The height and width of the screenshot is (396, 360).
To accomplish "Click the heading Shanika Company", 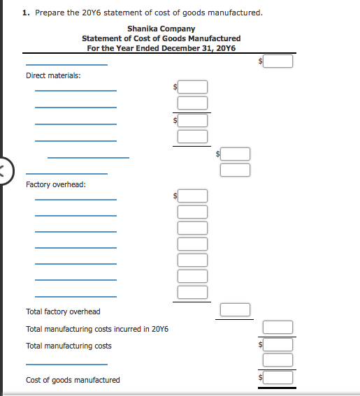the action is coord(161,29).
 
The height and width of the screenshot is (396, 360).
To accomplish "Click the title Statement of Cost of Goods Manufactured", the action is coord(161,38).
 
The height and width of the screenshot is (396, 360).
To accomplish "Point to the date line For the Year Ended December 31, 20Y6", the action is coord(161,48).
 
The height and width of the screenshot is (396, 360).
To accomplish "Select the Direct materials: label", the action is coord(53,75).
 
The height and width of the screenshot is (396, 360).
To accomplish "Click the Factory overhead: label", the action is coord(56,184).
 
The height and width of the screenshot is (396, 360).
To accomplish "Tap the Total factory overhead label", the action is coord(63,311).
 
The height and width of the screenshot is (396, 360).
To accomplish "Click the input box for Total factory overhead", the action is coord(235,309).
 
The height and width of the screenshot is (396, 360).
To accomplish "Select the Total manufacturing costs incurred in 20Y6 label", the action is coord(97,329).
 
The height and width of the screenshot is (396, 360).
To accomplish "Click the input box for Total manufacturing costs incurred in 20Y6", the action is coord(278,327).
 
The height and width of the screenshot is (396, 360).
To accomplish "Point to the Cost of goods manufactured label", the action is coord(73,380).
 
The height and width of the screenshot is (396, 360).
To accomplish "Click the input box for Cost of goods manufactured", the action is coord(278,378).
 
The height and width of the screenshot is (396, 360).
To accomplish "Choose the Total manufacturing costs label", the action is coord(69,346).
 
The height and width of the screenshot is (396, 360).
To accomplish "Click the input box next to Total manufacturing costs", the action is coord(278,345).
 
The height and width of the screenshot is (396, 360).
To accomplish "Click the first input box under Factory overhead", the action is coord(192,196).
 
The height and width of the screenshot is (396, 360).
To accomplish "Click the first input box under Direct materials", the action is coord(192,87).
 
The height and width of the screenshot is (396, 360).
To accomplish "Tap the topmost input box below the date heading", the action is coord(278,61).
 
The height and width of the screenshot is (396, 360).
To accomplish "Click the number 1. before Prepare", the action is coord(26,13).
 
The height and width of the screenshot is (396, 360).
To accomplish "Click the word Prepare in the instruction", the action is coord(50,13).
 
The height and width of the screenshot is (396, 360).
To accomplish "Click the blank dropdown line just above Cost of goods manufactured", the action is coord(66,365).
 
